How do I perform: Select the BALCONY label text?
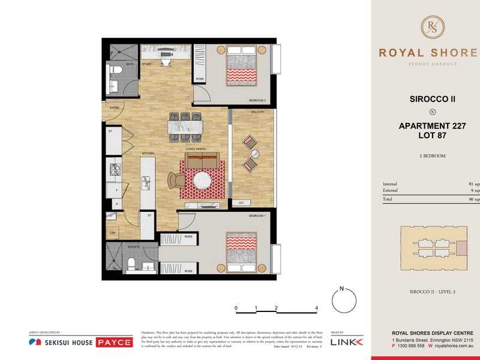(x=258, y=112)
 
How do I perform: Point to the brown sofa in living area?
(x=202, y=160)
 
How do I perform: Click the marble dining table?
(x=185, y=127)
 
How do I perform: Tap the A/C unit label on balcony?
(x=241, y=203)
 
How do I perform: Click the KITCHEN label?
(x=148, y=154)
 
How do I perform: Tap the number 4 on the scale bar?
(x=316, y=308)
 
